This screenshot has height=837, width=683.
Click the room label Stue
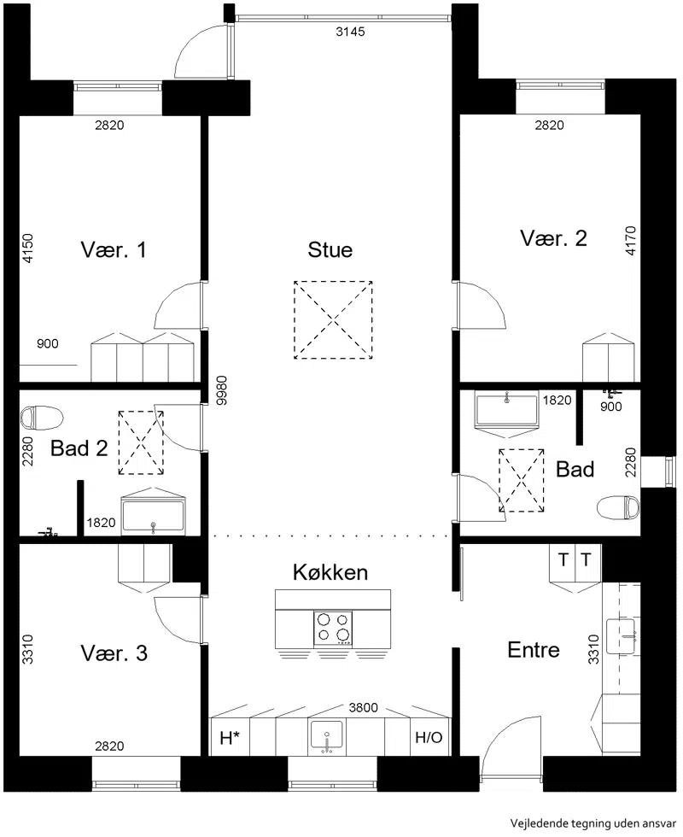click(x=330, y=249)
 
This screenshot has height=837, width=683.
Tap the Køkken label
click(x=330, y=572)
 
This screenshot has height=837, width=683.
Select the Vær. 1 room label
click(x=113, y=249)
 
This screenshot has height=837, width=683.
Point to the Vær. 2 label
click(x=553, y=238)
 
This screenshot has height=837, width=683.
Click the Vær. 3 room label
click(x=114, y=653)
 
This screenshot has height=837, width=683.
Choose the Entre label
click(x=534, y=650)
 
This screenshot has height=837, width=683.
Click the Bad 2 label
click(x=79, y=448)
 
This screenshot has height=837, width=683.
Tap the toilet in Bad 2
click(x=42, y=418)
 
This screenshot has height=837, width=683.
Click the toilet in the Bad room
click(x=618, y=507)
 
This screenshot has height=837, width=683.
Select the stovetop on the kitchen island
click(x=333, y=628)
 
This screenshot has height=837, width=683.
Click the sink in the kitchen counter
click(x=326, y=736)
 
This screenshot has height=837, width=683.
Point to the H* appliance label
click(x=230, y=738)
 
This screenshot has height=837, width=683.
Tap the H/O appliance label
click(x=429, y=738)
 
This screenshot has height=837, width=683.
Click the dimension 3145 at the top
click(x=350, y=32)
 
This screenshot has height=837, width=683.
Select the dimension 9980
click(x=223, y=390)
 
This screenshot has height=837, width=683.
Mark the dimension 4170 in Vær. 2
click(x=631, y=241)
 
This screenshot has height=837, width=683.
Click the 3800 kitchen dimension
click(x=364, y=707)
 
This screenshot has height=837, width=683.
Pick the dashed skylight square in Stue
click(x=333, y=319)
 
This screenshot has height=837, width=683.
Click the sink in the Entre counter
click(x=622, y=637)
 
